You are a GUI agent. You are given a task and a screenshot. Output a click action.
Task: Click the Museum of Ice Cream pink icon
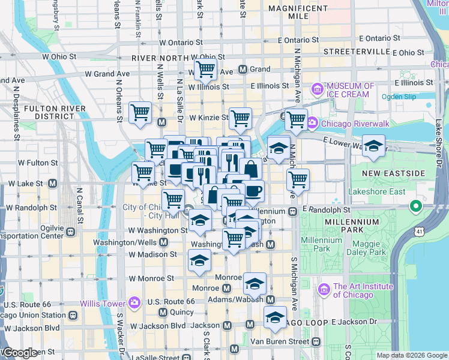[316, 90]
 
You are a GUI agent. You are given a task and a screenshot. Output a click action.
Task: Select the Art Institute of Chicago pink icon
[325, 290]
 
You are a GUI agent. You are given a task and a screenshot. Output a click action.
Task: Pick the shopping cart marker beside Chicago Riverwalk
[296, 119]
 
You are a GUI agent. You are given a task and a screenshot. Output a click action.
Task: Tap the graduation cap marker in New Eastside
[373, 147]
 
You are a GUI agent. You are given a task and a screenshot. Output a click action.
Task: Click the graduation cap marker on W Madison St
[199, 260]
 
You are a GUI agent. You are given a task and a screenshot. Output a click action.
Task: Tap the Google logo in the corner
[19, 353]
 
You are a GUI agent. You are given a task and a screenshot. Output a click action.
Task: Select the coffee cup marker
[253, 190]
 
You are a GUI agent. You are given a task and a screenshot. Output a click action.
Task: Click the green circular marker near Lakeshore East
[415, 208]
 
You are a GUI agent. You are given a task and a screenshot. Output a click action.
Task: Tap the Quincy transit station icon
[163, 313]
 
